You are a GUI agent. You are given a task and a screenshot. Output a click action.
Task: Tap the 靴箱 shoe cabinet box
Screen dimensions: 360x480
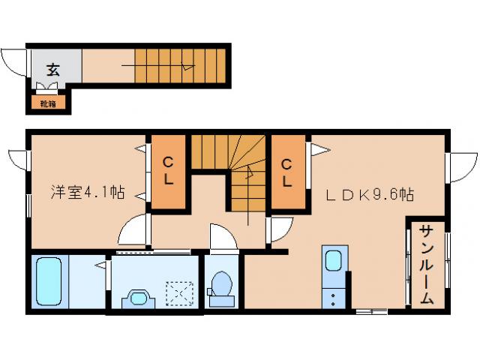click(x=47, y=103)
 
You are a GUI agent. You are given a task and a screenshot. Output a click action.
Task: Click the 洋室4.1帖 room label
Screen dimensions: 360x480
click(x=88, y=192)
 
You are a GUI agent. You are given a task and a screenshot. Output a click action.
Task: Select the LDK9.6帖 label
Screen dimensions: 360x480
click(x=370, y=193)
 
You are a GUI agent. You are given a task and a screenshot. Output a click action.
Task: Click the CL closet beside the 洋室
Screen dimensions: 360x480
click(x=169, y=171)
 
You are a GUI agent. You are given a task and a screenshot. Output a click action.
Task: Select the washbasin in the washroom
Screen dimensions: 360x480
click(x=139, y=296)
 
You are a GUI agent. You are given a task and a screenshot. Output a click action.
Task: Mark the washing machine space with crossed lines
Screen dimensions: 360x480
click(x=181, y=292)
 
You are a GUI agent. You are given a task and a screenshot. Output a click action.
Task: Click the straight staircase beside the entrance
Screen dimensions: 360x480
click(x=180, y=66)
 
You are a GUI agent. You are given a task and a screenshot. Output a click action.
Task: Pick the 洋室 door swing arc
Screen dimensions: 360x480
click(x=133, y=229)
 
